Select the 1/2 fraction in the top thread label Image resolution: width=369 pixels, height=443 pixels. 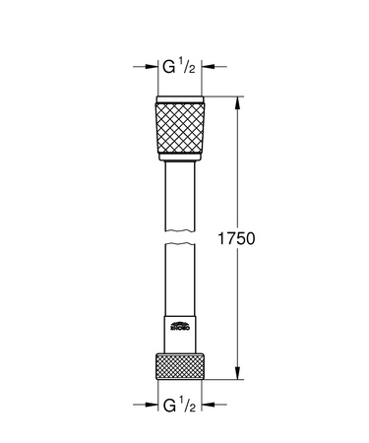click(x=190, y=68)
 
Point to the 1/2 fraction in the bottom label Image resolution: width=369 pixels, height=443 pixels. click(x=190, y=403)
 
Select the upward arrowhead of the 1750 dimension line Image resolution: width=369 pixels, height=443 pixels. click(x=237, y=100)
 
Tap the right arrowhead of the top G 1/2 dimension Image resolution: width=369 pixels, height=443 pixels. click(x=212, y=70)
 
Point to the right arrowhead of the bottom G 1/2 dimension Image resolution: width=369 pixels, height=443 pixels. click(x=212, y=404)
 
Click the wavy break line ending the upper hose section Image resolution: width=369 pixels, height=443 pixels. click(x=182, y=234)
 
